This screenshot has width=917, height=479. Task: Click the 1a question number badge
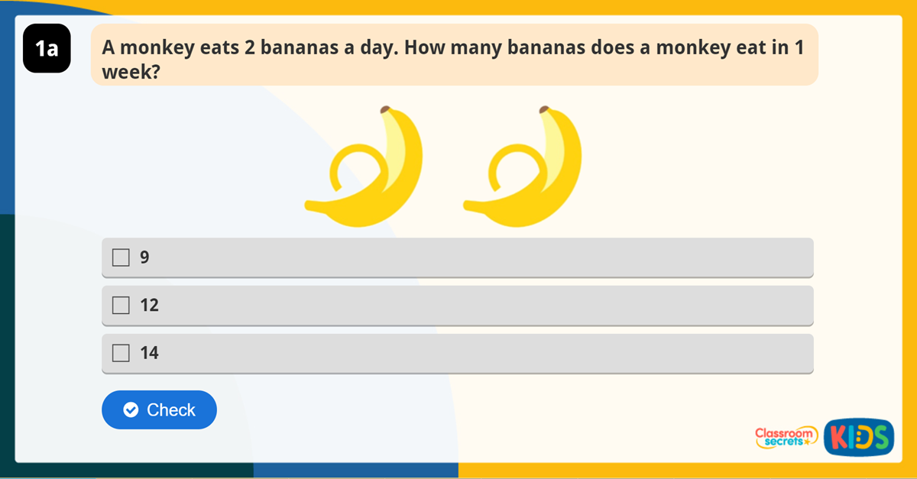point(47,49)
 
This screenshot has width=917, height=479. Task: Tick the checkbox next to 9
point(121,257)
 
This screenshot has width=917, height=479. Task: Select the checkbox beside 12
point(121,306)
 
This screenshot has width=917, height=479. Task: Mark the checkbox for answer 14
point(121,353)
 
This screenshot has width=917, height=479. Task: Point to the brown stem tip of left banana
point(385,109)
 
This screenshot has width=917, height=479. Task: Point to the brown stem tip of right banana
point(544,109)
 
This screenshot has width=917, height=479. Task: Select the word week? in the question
point(120,73)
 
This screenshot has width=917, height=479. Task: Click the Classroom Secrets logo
point(785,438)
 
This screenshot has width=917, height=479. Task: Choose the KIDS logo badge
point(859,438)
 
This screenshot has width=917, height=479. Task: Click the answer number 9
point(144,257)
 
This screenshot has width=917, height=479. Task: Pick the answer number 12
point(149,306)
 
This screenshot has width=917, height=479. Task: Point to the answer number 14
point(149,353)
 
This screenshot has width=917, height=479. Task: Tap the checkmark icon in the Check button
point(131,410)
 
